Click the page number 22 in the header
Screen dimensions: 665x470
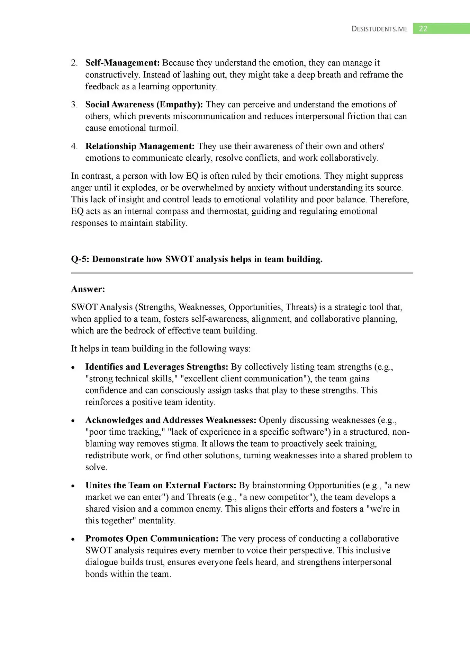[x=423, y=29]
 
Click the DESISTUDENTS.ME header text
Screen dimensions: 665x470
[x=379, y=29]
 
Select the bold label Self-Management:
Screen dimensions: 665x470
[x=122, y=63]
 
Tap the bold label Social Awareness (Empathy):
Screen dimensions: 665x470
[x=144, y=105]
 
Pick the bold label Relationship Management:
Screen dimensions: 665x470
[x=140, y=146]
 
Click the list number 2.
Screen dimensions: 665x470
[x=74, y=63]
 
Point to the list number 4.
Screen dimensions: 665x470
[x=74, y=146]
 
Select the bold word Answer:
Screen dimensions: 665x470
[x=88, y=289]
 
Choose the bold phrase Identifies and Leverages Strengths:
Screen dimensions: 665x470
[x=156, y=367]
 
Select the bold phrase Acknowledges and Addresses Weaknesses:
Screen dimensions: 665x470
[x=171, y=420]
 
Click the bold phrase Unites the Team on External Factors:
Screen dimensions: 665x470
[x=161, y=486]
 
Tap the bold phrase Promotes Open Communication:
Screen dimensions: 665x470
[x=152, y=539]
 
